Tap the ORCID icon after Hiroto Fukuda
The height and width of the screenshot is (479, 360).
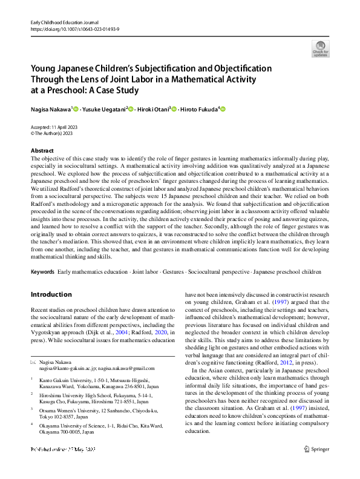223,109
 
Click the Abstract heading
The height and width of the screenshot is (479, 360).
42,150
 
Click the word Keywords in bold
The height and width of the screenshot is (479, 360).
42,273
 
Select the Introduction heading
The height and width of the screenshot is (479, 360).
51,294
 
